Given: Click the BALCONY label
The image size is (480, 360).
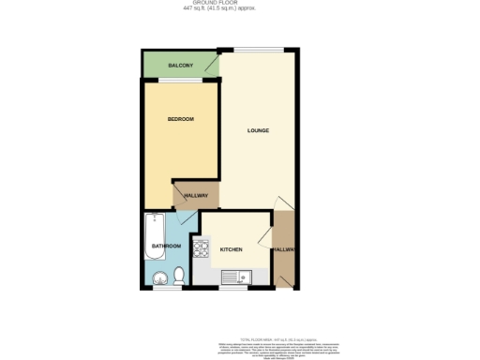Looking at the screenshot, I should [x=180, y=65].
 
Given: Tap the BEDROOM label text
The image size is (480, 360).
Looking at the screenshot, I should [x=180, y=119].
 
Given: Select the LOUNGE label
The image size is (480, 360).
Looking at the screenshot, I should [x=258, y=130].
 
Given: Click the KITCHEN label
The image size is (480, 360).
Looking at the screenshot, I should [x=231, y=249].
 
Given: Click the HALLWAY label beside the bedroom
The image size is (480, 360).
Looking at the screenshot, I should [x=195, y=195].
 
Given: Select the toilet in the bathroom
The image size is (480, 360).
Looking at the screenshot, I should [x=178, y=277].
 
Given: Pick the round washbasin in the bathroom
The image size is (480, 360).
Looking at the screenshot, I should [x=159, y=277].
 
